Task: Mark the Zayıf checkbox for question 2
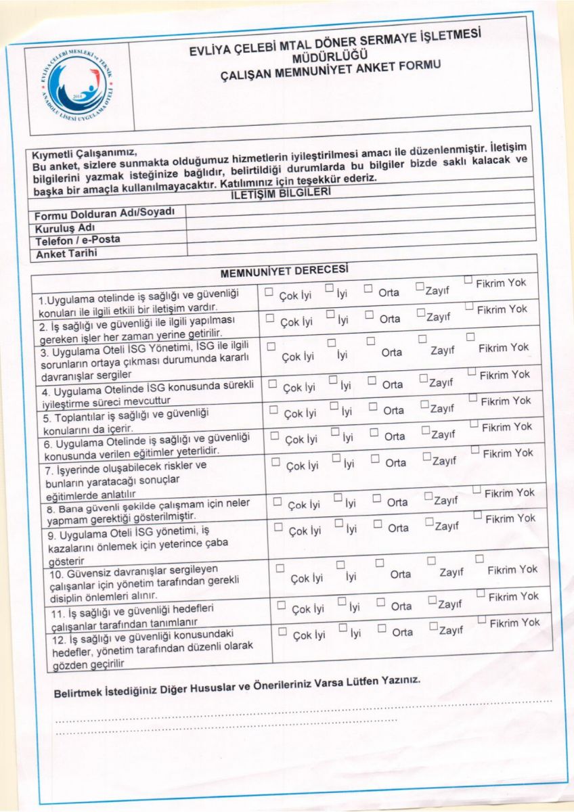tap(421, 313)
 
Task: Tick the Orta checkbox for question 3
tap(371, 340)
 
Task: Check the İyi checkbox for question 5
tap(334, 406)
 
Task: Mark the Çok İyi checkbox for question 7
tap(275, 461)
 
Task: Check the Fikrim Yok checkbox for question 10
tap(479, 559)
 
